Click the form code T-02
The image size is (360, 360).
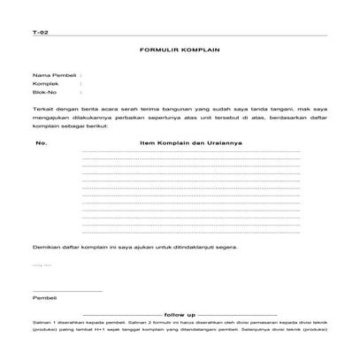tap(38, 33)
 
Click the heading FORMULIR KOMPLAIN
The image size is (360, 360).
tap(179, 51)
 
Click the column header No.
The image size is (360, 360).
tap(41, 142)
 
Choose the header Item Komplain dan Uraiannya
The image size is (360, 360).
tap(190, 142)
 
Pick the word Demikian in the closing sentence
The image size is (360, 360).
tap(45, 247)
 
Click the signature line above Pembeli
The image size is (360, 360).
tap(67, 291)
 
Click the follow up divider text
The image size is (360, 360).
tap(179, 314)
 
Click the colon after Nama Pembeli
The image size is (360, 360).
tap(80, 77)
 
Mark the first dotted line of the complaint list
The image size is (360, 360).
tap(190, 152)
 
